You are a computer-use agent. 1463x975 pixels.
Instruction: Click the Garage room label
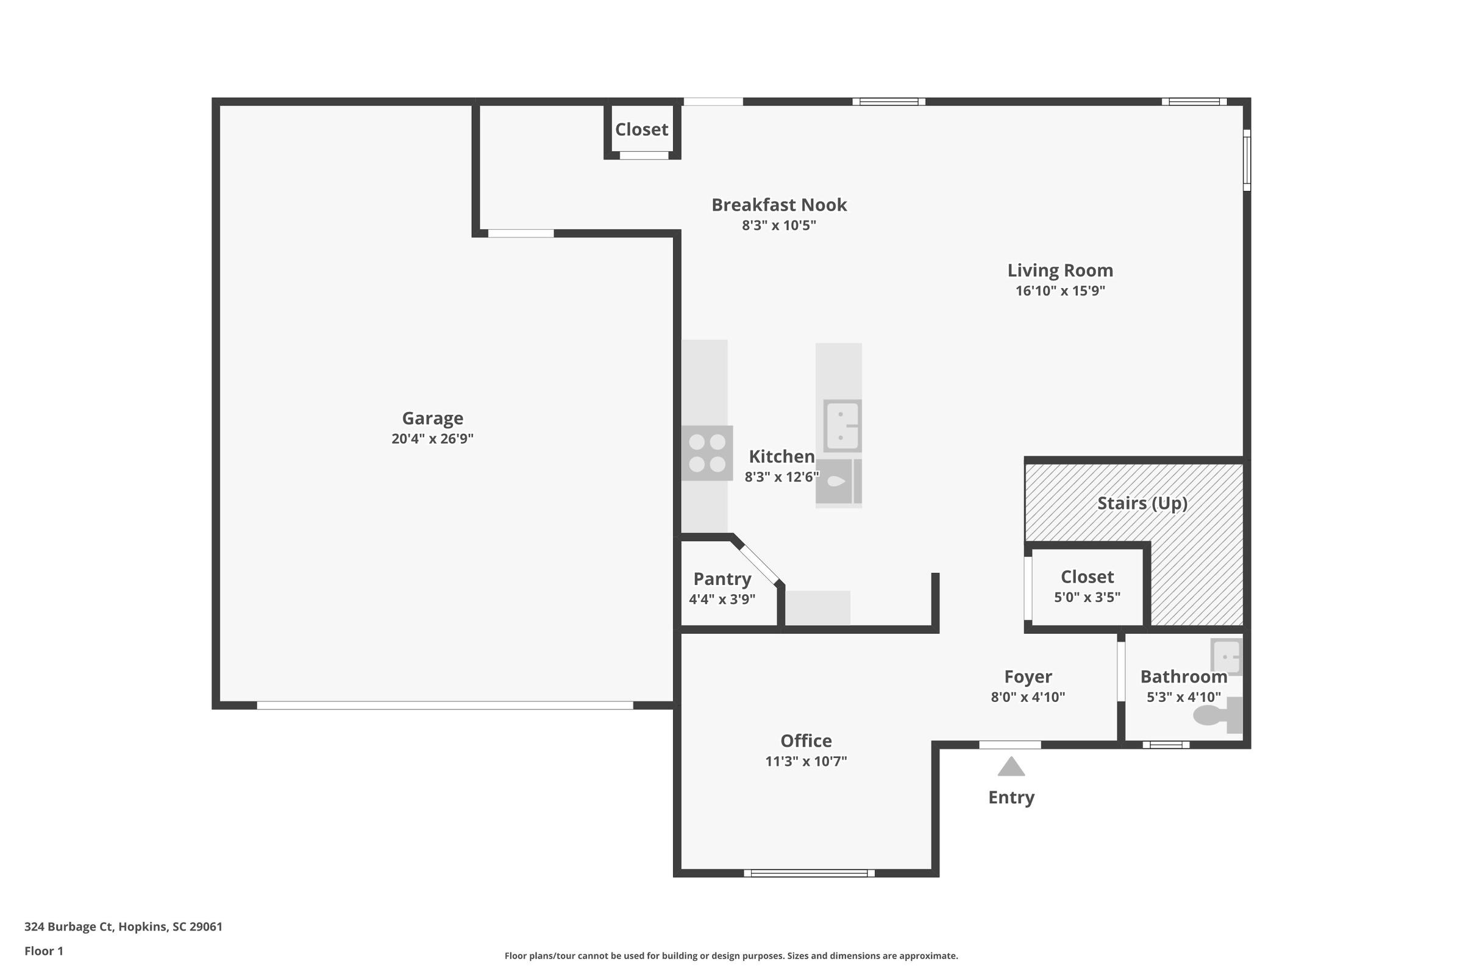[x=432, y=419]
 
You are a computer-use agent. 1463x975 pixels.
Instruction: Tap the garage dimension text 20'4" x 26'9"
[x=432, y=438]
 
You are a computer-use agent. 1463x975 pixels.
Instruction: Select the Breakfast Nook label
[x=779, y=205]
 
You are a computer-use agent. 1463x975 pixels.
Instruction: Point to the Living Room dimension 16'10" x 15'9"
[x=1060, y=291]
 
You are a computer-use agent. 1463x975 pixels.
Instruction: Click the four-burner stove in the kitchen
[x=707, y=453]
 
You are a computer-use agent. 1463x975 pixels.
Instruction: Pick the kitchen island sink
[x=842, y=426]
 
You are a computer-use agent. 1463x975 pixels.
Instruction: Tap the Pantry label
[x=722, y=579]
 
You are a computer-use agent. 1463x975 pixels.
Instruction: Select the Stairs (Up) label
[x=1142, y=503]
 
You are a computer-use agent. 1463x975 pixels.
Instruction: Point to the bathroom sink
[x=1226, y=657]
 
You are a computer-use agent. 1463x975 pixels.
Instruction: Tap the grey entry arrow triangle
[x=1011, y=766]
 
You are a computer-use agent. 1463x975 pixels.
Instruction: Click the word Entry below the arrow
[x=1011, y=797]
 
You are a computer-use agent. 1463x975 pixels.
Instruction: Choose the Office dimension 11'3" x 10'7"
[x=805, y=761]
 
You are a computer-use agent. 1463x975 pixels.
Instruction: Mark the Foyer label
[x=1028, y=676]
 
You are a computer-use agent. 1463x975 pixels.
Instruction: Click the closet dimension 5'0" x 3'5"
[x=1087, y=597]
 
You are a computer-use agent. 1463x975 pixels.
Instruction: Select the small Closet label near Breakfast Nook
[x=641, y=129]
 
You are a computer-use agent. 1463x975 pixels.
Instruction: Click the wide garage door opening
[x=445, y=705]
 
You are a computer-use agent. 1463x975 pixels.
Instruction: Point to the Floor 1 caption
[x=43, y=951]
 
